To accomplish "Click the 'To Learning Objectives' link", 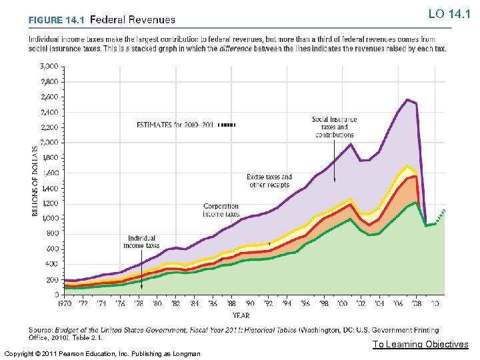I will (x=421, y=344).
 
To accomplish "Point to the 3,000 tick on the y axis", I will (x=49, y=66).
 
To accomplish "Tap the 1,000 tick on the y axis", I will (x=49, y=218).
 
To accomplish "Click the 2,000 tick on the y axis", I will (x=49, y=142).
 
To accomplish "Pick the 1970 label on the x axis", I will (x=64, y=303).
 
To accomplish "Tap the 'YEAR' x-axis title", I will (x=241, y=315).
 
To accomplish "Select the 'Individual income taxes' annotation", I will (x=141, y=241).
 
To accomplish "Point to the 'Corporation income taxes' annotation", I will (x=221, y=210).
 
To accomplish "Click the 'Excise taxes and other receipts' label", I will (x=266, y=180).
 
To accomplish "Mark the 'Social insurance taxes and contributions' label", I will (x=334, y=127).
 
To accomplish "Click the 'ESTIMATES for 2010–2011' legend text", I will (x=175, y=125).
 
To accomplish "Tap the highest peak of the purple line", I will (x=407, y=99).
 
